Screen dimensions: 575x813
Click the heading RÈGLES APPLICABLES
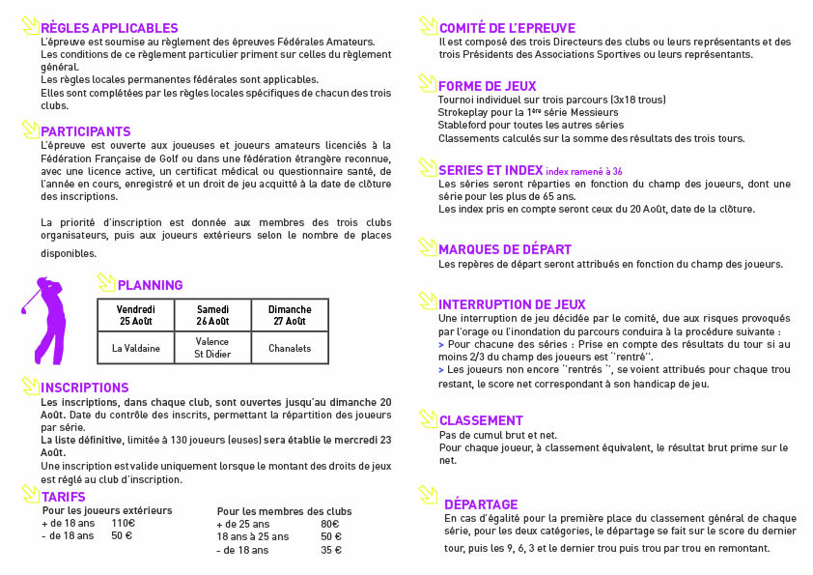click(x=109, y=29)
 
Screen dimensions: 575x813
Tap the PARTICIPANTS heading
click(x=86, y=131)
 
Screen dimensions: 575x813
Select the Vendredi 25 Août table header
click(x=135, y=315)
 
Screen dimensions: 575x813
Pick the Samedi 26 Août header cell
click(x=212, y=315)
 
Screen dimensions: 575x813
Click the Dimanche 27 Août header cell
click(x=290, y=315)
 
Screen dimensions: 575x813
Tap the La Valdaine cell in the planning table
click(x=135, y=348)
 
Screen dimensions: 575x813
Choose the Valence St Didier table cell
click(x=212, y=348)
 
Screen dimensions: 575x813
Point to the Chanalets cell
click(x=290, y=348)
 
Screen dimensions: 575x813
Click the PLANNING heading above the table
click(x=150, y=285)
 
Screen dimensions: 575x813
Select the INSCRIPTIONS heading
click(x=85, y=388)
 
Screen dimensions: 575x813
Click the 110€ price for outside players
click(x=124, y=523)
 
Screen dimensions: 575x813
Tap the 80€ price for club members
click(x=329, y=524)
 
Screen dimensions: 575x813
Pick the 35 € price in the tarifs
click(x=331, y=550)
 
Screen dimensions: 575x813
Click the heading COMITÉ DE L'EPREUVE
click(x=507, y=29)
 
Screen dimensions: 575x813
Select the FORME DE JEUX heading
click(x=487, y=87)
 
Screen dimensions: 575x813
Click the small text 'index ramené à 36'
click(x=577, y=171)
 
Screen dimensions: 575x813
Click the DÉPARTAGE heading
click(x=481, y=504)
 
